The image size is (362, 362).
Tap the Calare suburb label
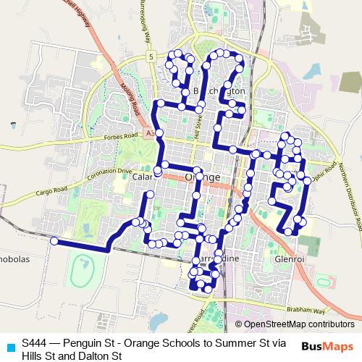pyautogui.click(x=143, y=177)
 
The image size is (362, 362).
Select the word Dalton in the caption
pyautogui.click(x=90, y=355)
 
